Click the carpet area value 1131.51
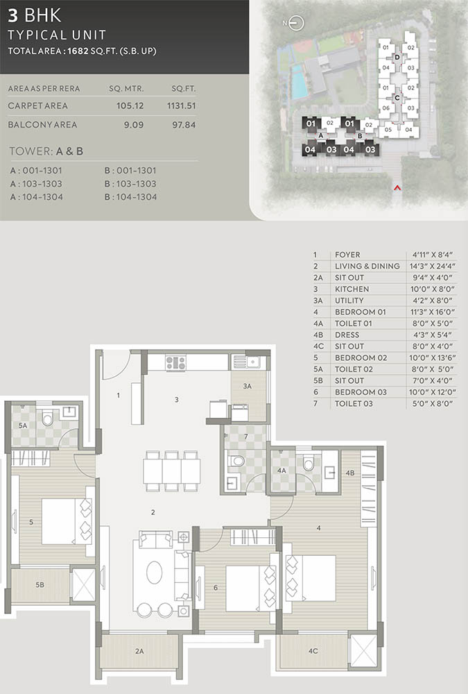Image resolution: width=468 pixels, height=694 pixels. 182,105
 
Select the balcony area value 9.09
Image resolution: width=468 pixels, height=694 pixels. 134,125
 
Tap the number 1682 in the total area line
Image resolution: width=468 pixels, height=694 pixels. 78,51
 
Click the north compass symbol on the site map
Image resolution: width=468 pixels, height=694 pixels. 296,23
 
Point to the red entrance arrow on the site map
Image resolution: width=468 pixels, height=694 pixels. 397,187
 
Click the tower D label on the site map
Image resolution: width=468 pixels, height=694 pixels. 397,57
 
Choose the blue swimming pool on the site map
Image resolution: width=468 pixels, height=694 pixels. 299,83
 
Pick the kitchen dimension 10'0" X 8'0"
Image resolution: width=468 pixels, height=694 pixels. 432,289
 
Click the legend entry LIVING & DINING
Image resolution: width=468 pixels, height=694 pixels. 367,266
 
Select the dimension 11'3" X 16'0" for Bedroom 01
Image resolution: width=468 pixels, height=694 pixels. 432,312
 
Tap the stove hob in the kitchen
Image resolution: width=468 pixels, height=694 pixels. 175,363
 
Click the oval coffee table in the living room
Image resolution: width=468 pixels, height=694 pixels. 155,573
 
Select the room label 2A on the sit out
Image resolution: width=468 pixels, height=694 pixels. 139,651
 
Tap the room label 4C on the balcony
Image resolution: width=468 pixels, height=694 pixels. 313,651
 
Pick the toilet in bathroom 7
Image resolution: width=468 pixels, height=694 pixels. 237,462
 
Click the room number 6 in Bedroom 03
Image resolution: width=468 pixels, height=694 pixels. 216,588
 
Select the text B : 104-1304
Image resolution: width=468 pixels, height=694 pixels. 130,197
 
